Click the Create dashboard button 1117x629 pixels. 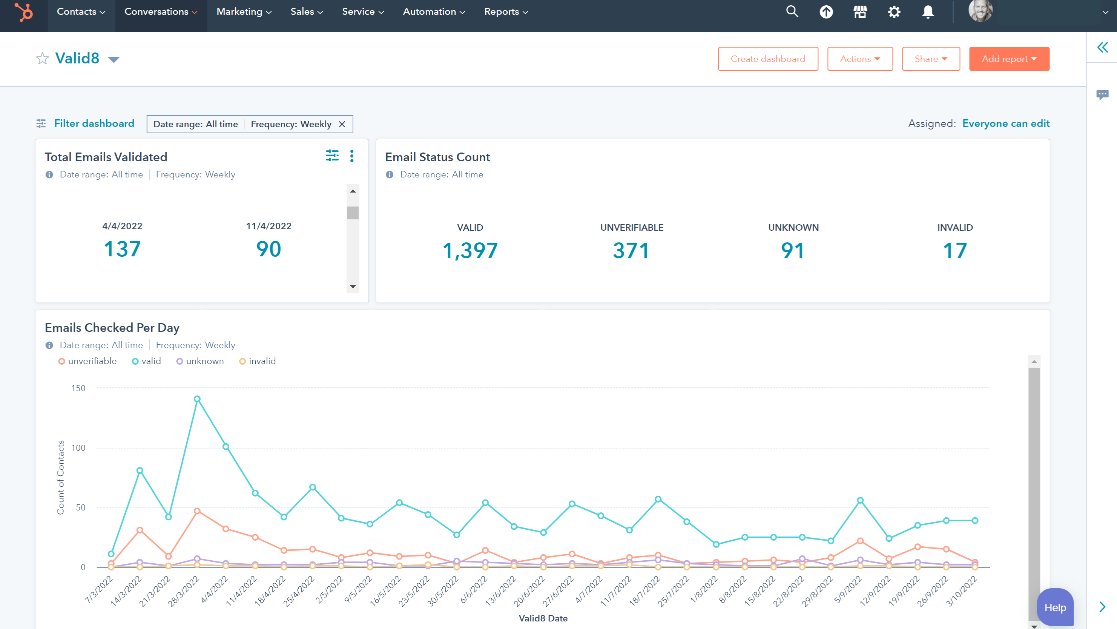767,59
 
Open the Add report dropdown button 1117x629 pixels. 1009,59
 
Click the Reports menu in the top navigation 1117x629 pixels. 506,12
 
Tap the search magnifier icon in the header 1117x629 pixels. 792,12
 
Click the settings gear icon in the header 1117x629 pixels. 894,12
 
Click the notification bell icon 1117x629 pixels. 928,12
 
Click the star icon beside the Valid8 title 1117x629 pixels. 43,59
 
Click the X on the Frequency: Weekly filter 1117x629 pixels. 342,125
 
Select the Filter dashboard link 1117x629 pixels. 94,124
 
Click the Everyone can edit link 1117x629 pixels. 1005,124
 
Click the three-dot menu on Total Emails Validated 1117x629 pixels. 352,156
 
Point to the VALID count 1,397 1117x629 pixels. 470,250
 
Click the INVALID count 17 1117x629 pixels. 954,250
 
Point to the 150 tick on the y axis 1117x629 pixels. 78,388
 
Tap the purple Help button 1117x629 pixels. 1054,607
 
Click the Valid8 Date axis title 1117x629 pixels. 543,618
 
